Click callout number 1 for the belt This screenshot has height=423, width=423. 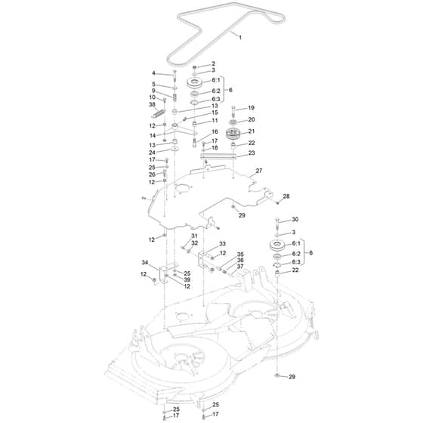240,37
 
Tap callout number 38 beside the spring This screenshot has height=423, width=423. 153,104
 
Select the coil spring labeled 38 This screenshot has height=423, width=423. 158,113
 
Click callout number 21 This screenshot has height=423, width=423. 252,131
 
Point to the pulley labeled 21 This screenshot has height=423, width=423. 233,134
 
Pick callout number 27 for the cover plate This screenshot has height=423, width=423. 259,171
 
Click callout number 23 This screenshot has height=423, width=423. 252,153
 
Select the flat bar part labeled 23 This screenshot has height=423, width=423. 218,156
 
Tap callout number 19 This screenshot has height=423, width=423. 251,108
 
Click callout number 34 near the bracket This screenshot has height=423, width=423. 145,263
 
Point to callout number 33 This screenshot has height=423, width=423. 222,244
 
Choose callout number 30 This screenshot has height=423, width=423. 295,219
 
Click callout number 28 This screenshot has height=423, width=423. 286,196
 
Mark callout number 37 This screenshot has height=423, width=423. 240,266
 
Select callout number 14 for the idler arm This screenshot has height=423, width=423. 153,135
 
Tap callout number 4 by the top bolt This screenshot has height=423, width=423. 153,73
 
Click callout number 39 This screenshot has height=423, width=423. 187,279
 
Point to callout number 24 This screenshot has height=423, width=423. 152,153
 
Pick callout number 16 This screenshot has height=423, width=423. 215,131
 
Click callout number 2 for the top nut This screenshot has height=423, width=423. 213,63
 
